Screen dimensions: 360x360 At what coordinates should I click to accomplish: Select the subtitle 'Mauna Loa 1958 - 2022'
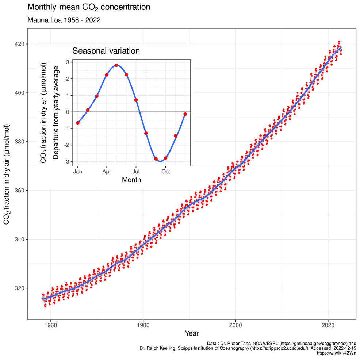pos(64,20)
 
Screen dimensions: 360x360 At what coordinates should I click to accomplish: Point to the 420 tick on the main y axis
pos(20,44)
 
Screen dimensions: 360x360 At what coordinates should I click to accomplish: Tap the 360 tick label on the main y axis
pos(20,191)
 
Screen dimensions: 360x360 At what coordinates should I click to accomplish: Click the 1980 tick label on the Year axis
pos(143,325)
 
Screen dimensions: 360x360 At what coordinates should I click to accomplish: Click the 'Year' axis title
pos(192,333)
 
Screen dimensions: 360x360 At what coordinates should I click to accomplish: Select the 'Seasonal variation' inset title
pos(106,51)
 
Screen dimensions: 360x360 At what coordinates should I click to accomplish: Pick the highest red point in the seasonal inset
pos(116,65)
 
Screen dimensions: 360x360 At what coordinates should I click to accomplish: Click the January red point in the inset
pos(78,123)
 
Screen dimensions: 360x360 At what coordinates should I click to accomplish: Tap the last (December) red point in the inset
pos(185,114)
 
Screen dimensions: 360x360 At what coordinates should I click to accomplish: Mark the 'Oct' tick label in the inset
pos(165,171)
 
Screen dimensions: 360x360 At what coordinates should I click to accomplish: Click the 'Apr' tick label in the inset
pos(107,171)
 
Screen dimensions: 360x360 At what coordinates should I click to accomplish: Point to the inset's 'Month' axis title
pos(131,179)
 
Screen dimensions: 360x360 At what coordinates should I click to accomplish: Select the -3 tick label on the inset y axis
pos(68,162)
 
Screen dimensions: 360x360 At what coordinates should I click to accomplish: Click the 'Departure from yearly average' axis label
pos(55,112)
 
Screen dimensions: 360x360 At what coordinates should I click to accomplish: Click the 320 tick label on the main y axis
pos(20,288)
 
